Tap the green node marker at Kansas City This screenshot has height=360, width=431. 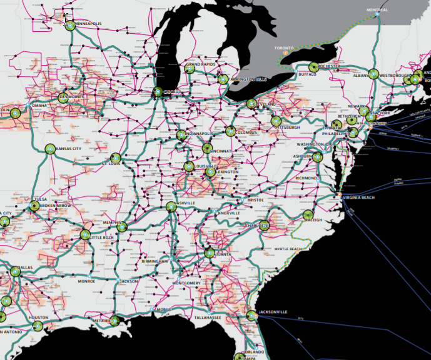pos(49,149)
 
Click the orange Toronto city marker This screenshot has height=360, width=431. pos(285,52)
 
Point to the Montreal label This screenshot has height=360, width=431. pos(377,10)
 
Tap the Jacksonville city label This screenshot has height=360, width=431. pos(273,311)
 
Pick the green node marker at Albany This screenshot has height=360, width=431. pos(373,74)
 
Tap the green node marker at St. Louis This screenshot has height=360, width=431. pos(114,159)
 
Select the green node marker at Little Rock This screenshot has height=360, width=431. pos(86,234)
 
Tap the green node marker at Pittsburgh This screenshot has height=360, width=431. pos(276,122)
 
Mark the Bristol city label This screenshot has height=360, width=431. pos(255,200)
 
